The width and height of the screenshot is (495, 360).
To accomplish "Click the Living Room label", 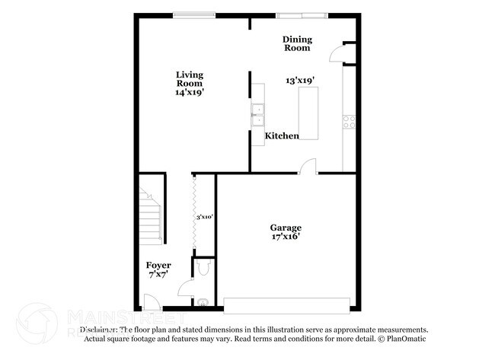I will click(x=190, y=78).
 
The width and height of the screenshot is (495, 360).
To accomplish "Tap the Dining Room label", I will click(x=297, y=43).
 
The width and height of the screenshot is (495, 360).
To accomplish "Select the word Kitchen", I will click(x=282, y=135).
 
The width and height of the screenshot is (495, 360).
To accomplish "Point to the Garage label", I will click(x=286, y=227).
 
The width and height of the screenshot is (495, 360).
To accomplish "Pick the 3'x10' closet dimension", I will click(x=204, y=217).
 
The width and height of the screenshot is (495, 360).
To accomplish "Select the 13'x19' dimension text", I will click(x=300, y=80).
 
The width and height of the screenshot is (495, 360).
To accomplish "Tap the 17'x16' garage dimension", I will click(x=286, y=237).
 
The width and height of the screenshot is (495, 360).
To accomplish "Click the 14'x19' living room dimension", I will click(x=189, y=92).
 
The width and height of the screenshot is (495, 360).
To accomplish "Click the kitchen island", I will click(x=308, y=113).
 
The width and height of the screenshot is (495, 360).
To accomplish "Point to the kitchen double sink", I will click(x=257, y=113).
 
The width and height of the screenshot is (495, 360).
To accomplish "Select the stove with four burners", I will click(x=350, y=119).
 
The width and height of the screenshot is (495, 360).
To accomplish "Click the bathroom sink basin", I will click(x=202, y=302).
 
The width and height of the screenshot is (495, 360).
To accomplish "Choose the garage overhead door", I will click(x=289, y=305).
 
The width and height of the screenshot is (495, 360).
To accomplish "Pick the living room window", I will click(x=192, y=13).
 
